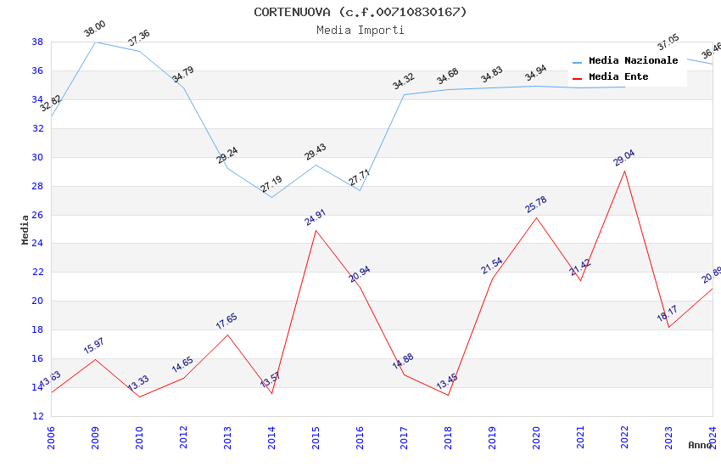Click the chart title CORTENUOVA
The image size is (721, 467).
click(360, 12)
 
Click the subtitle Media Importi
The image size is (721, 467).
click(360, 30)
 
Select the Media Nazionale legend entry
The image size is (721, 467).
click(633, 61)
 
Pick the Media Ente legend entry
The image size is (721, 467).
click(618, 77)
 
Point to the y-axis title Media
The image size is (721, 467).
click(25, 229)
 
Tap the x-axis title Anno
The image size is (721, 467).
click(700, 445)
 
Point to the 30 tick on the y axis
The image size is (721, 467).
click(38, 157)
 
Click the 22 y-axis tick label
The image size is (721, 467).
click(38, 273)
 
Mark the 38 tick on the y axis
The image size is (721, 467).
click(38, 42)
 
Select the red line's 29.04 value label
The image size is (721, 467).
click(624, 158)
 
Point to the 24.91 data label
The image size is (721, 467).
click(316, 217)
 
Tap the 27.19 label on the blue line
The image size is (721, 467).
click(271, 184)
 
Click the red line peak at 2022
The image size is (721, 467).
click(624, 171)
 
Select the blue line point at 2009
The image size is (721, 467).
click(95, 42)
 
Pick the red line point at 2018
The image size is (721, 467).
click(448, 395)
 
